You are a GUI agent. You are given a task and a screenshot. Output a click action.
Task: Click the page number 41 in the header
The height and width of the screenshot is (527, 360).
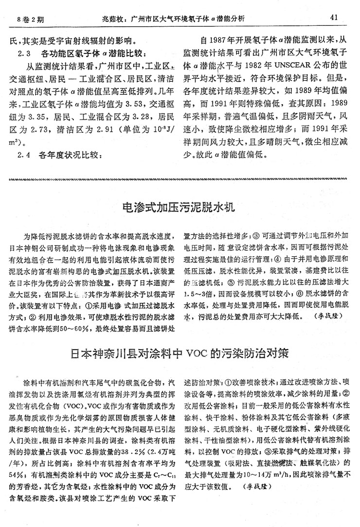334,18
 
